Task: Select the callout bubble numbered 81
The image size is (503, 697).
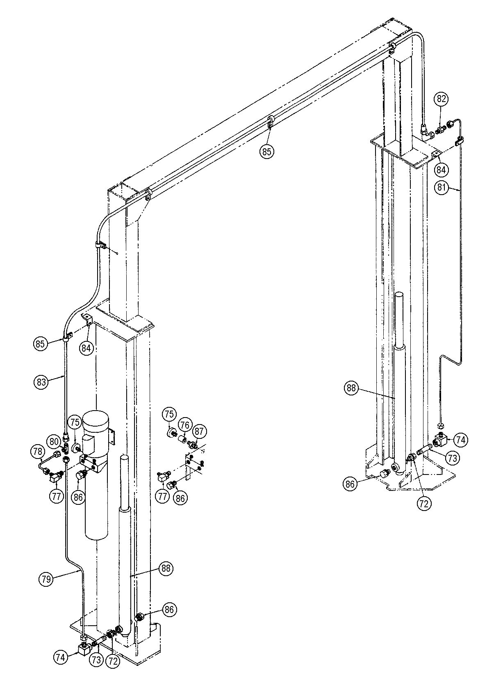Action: tap(442, 188)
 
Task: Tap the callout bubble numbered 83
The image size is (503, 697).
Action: tap(40, 382)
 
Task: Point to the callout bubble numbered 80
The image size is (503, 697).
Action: tap(54, 442)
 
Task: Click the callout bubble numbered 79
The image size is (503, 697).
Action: tap(46, 579)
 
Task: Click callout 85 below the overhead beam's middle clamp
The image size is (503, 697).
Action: tap(266, 152)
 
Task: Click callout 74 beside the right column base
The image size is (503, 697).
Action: tap(461, 440)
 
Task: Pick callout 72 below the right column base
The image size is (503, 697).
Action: tap(424, 503)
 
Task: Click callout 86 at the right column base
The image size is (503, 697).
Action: tap(350, 484)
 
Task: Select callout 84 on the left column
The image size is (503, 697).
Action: tap(86, 348)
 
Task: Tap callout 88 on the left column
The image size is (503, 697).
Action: tap(166, 569)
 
